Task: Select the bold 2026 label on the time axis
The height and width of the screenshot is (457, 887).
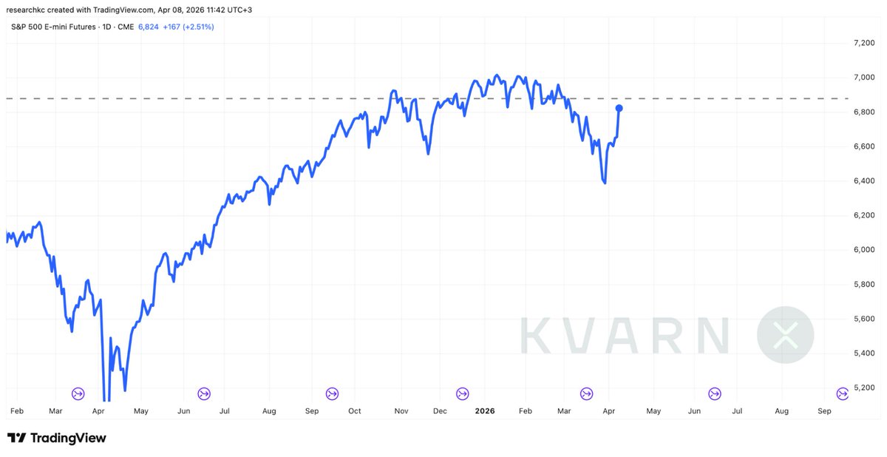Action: coord(485,410)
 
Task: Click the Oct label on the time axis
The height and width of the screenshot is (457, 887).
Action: coord(355,410)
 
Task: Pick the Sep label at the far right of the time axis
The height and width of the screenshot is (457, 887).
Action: coord(824,410)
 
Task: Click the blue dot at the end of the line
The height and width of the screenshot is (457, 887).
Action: coord(619,108)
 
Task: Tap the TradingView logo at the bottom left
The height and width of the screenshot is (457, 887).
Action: coord(57,438)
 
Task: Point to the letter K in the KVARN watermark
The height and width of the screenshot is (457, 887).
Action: coord(537,335)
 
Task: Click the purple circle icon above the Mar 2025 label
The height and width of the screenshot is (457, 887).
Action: coord(78,393)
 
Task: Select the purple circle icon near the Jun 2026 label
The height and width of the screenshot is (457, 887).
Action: coord(715,393)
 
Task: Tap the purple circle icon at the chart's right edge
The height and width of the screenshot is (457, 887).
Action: coord(842,393)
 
